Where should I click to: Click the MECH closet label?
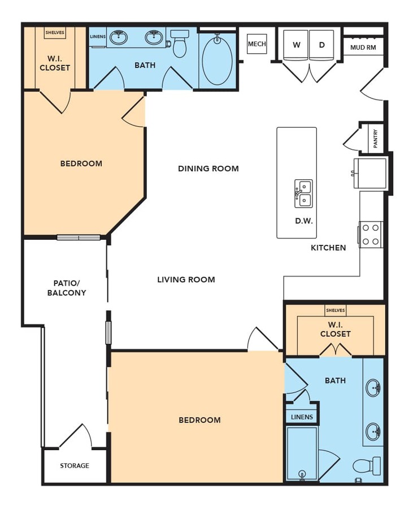pos(257,44)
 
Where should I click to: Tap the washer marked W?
pos(296,45)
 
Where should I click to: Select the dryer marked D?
pos(321,45)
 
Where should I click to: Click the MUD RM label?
pos(363,48)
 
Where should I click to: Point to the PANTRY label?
pos(375,139)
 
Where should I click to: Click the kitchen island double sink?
pos(304,193)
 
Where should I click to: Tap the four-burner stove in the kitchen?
pos(371,234)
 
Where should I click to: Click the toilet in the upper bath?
pos(180,43)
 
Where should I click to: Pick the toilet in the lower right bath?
pos(367,466)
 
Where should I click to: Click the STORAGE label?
pos(75,465)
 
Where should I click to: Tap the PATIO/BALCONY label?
pos(67,288)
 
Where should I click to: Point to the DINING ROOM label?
pos(208,169)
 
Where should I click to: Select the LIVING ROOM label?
pos(186,279)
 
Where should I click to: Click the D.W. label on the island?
pos(304,221)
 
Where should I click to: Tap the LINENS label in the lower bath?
pos(302,417)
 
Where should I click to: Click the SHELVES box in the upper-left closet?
pos(55,33)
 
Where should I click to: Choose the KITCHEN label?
pos(328,248)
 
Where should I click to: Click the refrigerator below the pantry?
pos(370,173)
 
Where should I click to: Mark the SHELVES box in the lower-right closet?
pos(336,310)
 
